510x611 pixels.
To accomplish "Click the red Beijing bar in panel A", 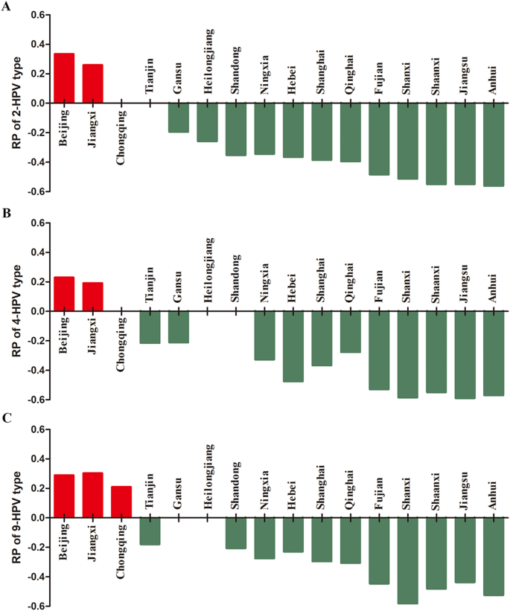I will (x=64, y=78).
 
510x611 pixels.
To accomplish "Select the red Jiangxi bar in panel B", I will (x=93, y=297).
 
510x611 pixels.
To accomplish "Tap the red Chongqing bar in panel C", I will (x=121, y=502).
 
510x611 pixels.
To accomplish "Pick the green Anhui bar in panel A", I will (x=494, y=144).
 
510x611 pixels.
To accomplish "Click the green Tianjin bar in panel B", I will (x=150, y=327).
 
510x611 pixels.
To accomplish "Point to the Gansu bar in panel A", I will (x=179, y=118).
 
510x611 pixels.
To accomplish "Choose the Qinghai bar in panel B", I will (x=350, y=332).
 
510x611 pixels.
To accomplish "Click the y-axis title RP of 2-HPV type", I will (x=16, y=103).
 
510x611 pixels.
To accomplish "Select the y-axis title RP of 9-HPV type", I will (x=16, y=517).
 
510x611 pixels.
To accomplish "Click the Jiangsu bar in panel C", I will (x=465, y=550).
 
